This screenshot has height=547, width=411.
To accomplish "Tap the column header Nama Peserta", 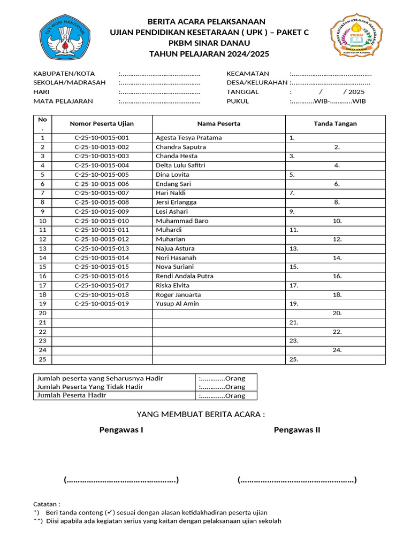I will (x=218, y=124).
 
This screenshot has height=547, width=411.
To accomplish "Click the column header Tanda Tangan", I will (x=335, y=124).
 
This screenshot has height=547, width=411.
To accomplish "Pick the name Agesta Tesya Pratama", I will (x=188, y=138).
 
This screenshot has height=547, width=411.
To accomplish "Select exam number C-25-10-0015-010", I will (x=102, y=221).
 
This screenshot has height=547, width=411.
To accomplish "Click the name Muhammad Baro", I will (x=182, y=221).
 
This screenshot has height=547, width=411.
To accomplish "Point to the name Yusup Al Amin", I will (x=177, y=304).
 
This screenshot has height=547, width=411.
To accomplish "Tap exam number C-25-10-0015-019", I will (x=102, y=304).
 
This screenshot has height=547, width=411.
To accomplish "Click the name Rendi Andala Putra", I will (x=184, y=276).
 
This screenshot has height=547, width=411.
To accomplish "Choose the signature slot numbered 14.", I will (x=337, y=258).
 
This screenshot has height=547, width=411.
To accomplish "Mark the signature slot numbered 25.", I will (x=293, y=360).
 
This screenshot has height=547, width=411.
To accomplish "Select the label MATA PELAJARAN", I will (x=63, y=101).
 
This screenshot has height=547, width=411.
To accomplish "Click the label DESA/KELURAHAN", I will (x=257, y=83).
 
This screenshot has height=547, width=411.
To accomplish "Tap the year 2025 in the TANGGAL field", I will (x=356, y=92).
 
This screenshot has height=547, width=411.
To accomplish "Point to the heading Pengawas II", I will (x=297, y=430).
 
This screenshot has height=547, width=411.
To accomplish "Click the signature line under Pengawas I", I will (x=121, y=480).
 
